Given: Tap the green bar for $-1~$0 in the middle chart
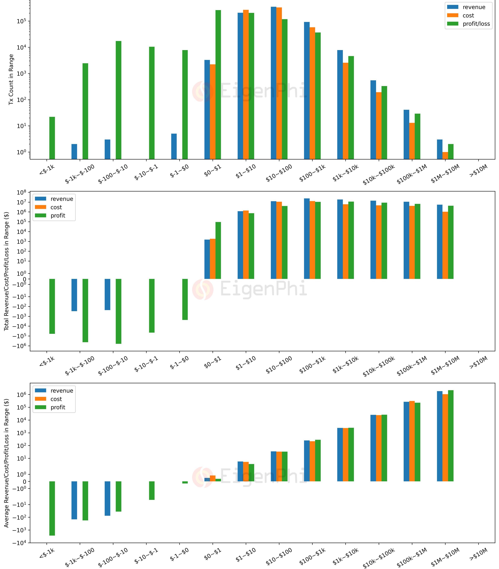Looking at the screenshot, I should click(x=185, y=299).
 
